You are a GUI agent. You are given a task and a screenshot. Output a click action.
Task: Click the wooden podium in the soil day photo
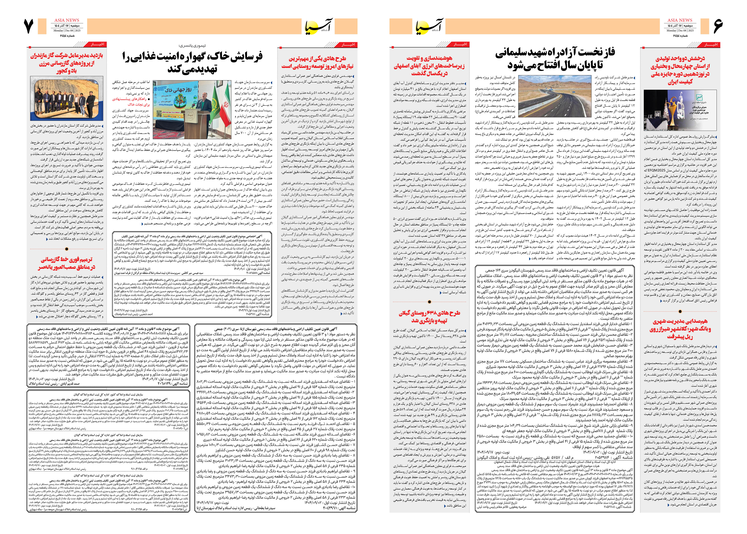pyautogui.click(x=200, y=125)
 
